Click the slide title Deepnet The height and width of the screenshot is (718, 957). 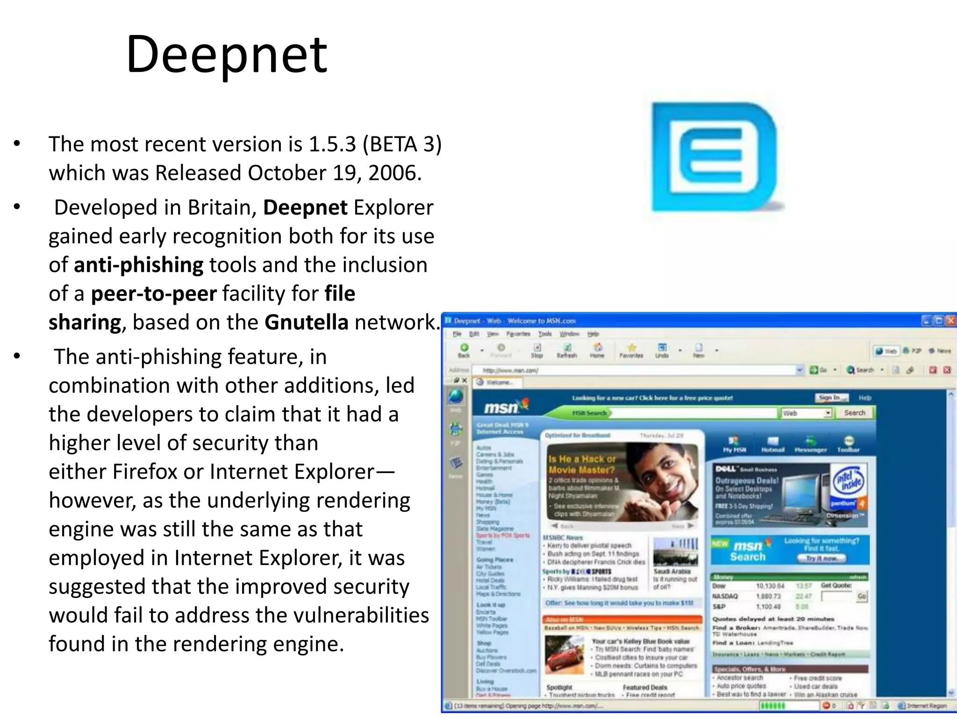click(227, 55)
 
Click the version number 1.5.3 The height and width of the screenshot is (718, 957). click(332, 144)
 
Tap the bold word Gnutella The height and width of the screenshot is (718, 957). click(306, 323)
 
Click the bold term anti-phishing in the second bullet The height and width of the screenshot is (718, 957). click(138, 265)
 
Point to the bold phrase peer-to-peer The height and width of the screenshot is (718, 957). click(154, 294)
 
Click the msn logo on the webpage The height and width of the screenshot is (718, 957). click(502, 408)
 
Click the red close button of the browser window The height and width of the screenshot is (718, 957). click(950, 321)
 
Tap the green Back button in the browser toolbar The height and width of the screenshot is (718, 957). click(464, 348)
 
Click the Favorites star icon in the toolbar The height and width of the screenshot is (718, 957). click(632, 348)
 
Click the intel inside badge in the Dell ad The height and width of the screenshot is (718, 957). click(849, 481)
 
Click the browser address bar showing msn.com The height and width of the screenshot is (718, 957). click(636, 370)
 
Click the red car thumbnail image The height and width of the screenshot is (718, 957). click(564, 654)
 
